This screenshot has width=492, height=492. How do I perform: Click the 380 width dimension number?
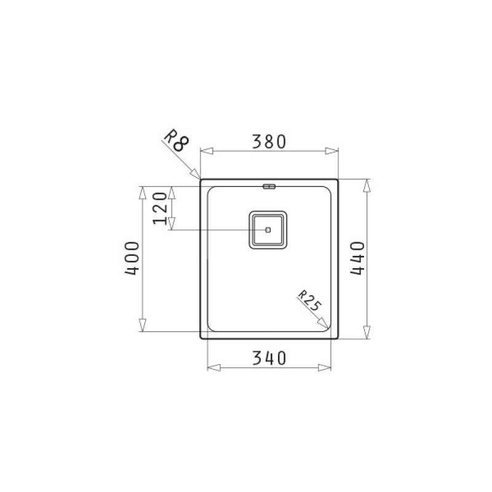tap(269, 141)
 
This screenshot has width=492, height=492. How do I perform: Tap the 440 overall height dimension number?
tap(358, 258)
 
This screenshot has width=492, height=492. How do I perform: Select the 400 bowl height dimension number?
tap(132, 258)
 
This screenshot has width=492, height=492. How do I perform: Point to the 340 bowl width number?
tap(269, 358)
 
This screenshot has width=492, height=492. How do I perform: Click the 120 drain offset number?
tap(160, 208)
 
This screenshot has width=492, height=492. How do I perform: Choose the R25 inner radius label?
tap(309, 300)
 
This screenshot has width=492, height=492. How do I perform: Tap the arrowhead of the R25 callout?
tap(324, 323)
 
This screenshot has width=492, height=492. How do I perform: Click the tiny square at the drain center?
tap(268, 230)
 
